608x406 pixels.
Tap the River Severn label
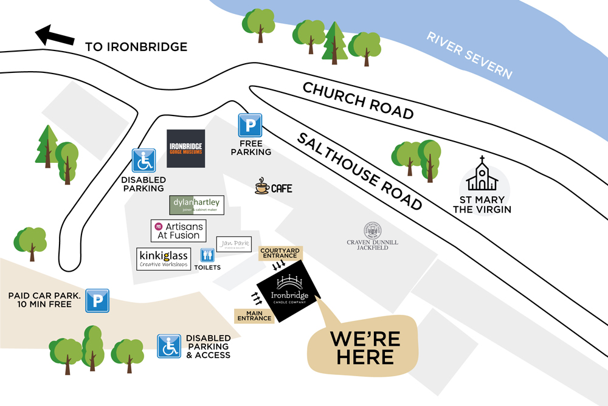[x=469, y=55]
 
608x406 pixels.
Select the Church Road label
[x=358, y=100]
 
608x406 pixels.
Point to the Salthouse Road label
[x=359, y=171]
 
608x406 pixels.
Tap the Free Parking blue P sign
[x=249, y=125]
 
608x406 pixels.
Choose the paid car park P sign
[x=97, y=300]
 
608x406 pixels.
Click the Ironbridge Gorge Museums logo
[x=185, y=148]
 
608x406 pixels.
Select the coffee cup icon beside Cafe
[x=262, y=187]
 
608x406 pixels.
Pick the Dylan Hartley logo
[x=197, y=205]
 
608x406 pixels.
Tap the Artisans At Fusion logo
[x=178, y=230]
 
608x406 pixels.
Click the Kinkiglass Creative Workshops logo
[x=164, y=258]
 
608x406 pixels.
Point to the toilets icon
[x=207, y=255]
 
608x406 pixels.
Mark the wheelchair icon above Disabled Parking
[x=144, y=161]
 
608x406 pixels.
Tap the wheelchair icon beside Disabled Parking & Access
[x=170, y=346]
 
